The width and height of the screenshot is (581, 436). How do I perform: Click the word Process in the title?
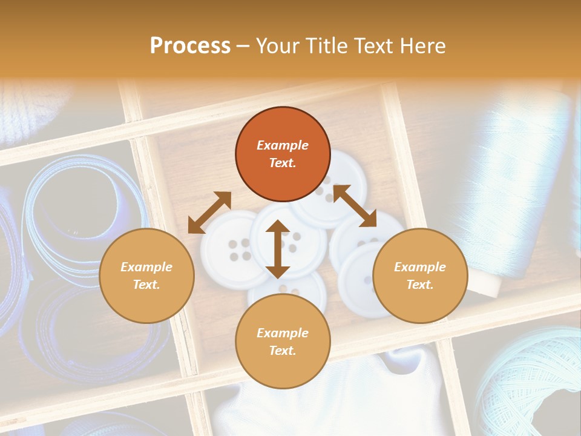(190, 45)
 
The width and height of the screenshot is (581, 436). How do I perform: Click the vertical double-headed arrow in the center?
(278, 249)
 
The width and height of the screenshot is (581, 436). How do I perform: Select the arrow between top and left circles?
(209, 213)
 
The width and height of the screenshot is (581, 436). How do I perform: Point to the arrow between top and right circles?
(355, 206)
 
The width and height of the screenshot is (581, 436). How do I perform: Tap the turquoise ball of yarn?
(533, 381)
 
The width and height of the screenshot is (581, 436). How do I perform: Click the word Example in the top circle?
(283, 145)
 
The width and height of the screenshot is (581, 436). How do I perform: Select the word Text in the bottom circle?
(283, 351)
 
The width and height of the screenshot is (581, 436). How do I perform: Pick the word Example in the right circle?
(420, 267)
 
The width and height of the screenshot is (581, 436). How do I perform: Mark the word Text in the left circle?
(146, 285)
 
